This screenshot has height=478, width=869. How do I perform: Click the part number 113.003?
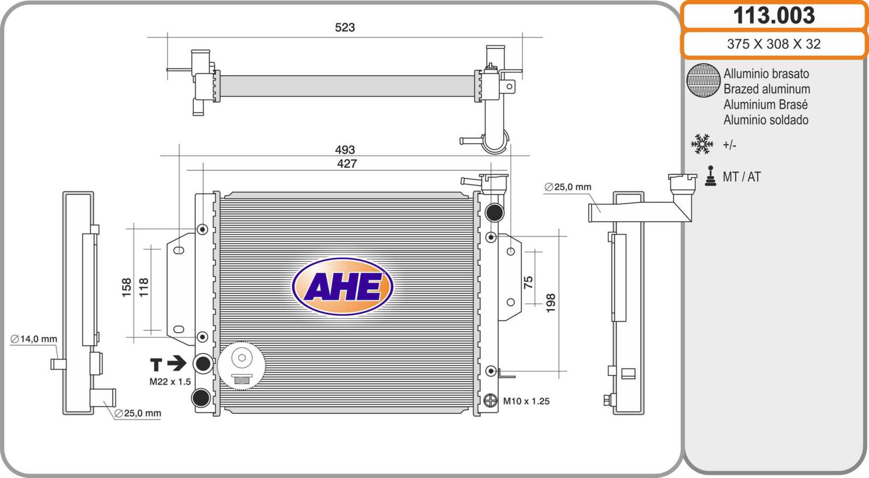click(x=773, y=16)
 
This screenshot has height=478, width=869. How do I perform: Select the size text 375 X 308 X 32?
click(x=773, y=44)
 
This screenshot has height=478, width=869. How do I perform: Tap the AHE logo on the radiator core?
click(x=343, y=286)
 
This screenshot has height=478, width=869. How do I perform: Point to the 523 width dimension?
click(x=345, y=28)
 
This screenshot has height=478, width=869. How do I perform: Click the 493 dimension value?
click(x=345, y=150)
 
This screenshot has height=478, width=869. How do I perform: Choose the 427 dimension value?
click(x=347, y=164)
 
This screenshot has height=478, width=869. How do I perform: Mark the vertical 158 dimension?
click(x=127, y=288)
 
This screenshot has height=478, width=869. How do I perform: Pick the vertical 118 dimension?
click(x=143, y=288)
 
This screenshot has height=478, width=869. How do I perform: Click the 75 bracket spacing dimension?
click(x=528, y=282)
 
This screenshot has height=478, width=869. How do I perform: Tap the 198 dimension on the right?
click(x=551, y=303)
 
